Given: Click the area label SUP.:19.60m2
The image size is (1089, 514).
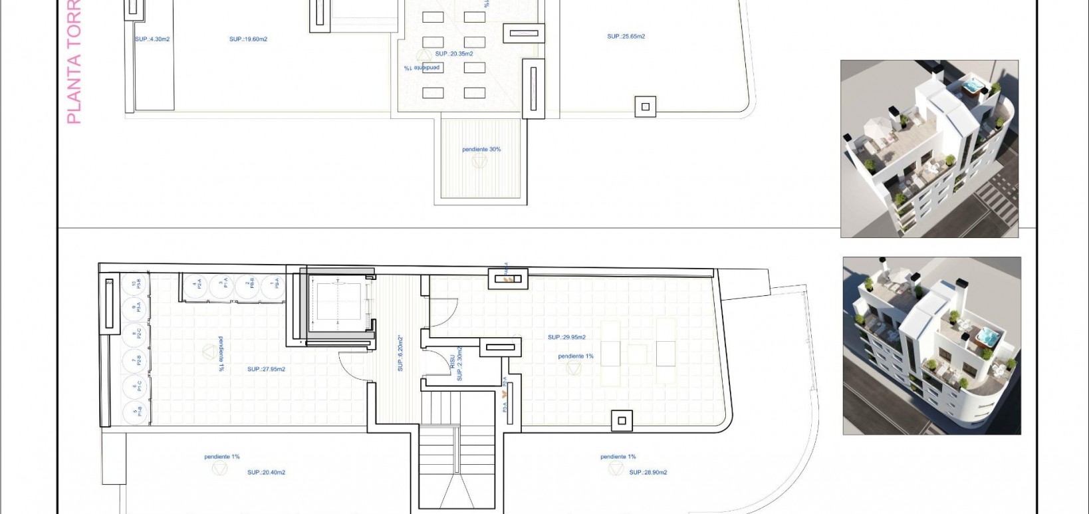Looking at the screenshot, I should pyautogui.click(x=248, y=39).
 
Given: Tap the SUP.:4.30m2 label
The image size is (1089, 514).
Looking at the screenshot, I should pyautogui.click(x=152, y=39).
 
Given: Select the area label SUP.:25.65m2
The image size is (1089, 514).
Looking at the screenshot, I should pyautogui.click(x=626, y=37).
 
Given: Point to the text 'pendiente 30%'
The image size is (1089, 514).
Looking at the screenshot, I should pyautogui.click(x=481, y=150).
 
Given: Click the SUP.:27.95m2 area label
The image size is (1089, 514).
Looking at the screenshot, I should pyautogui.click(x=266, y=369).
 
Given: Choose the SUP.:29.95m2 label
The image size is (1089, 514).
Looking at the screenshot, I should pyautogui.click(x=566, y=337).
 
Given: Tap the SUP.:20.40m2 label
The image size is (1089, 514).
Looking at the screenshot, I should pyautogui.click(x=266, y=473).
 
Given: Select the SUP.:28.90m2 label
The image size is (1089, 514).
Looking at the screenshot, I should pyautogui.click(x=648, y=473).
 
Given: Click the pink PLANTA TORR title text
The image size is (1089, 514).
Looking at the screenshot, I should pyautogui.click(x=74, y=63).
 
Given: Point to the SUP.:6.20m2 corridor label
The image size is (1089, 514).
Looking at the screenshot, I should pyautogui.click(x=400, y=352).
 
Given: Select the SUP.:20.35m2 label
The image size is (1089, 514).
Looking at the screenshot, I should pyautogui.click(x=454, y=54).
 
